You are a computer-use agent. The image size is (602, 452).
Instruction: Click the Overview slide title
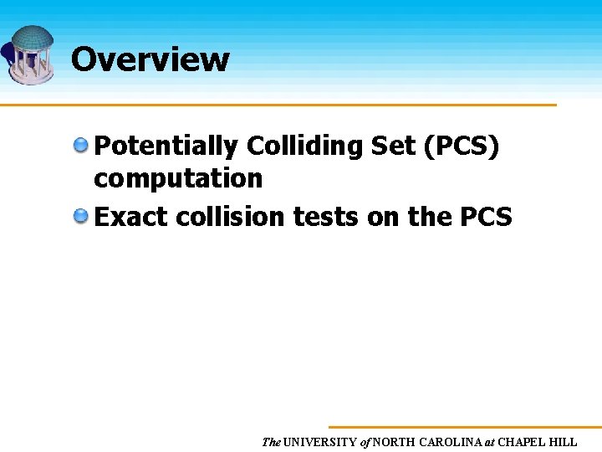tap(150, 59)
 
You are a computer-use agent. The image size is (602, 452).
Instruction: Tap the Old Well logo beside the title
tap(32, 54)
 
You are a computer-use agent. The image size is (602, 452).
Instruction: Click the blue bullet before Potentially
tap(80, 146)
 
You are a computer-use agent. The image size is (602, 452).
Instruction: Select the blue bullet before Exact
tap(80, 217)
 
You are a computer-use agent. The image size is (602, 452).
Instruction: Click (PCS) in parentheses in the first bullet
tap(462, 146)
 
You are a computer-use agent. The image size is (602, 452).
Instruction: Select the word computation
tap(178, 177)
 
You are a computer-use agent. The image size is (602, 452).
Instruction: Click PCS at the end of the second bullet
tap(486, 217)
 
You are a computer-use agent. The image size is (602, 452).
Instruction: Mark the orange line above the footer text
tap(464, 427)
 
